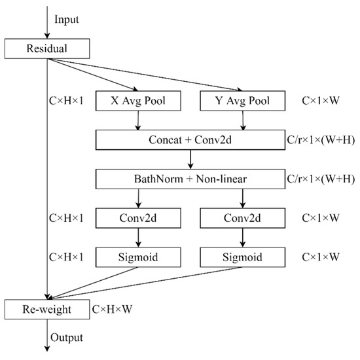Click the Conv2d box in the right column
point(243,216)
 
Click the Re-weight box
point(46,307)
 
